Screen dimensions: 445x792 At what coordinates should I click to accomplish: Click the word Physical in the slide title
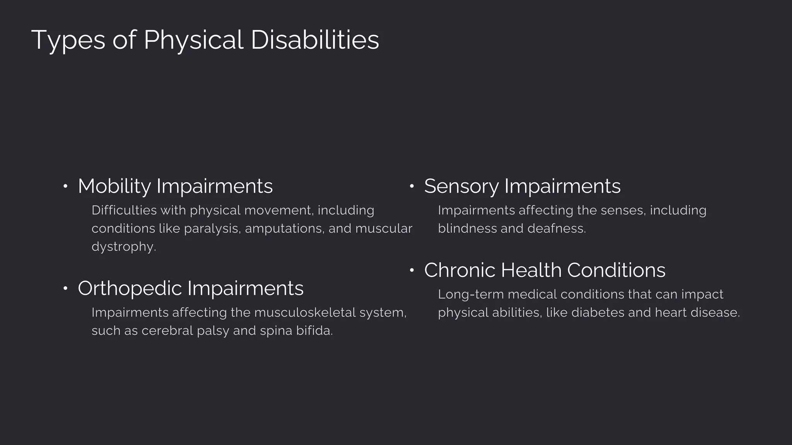coord(193,40)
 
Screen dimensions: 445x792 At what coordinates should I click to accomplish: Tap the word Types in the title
coord(68,40)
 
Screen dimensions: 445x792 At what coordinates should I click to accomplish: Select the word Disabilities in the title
coord(315,40)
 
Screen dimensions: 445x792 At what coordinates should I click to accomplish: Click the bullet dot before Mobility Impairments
coord(65,187)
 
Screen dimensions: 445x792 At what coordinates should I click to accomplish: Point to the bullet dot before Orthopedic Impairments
coord(65,289)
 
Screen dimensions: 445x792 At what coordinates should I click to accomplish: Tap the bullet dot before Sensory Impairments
coord(412,187)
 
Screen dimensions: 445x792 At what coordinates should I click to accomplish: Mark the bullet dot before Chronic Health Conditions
coord(412,270)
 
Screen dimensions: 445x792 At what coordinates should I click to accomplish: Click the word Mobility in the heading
coord(114,186)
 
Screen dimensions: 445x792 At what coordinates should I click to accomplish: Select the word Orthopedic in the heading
coord(130,288)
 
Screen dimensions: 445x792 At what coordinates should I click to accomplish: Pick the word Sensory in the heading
coord(461,186)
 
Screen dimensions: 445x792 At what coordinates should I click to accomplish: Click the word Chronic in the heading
coord(459,270)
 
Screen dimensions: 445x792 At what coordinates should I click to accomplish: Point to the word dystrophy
coord(124,247)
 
